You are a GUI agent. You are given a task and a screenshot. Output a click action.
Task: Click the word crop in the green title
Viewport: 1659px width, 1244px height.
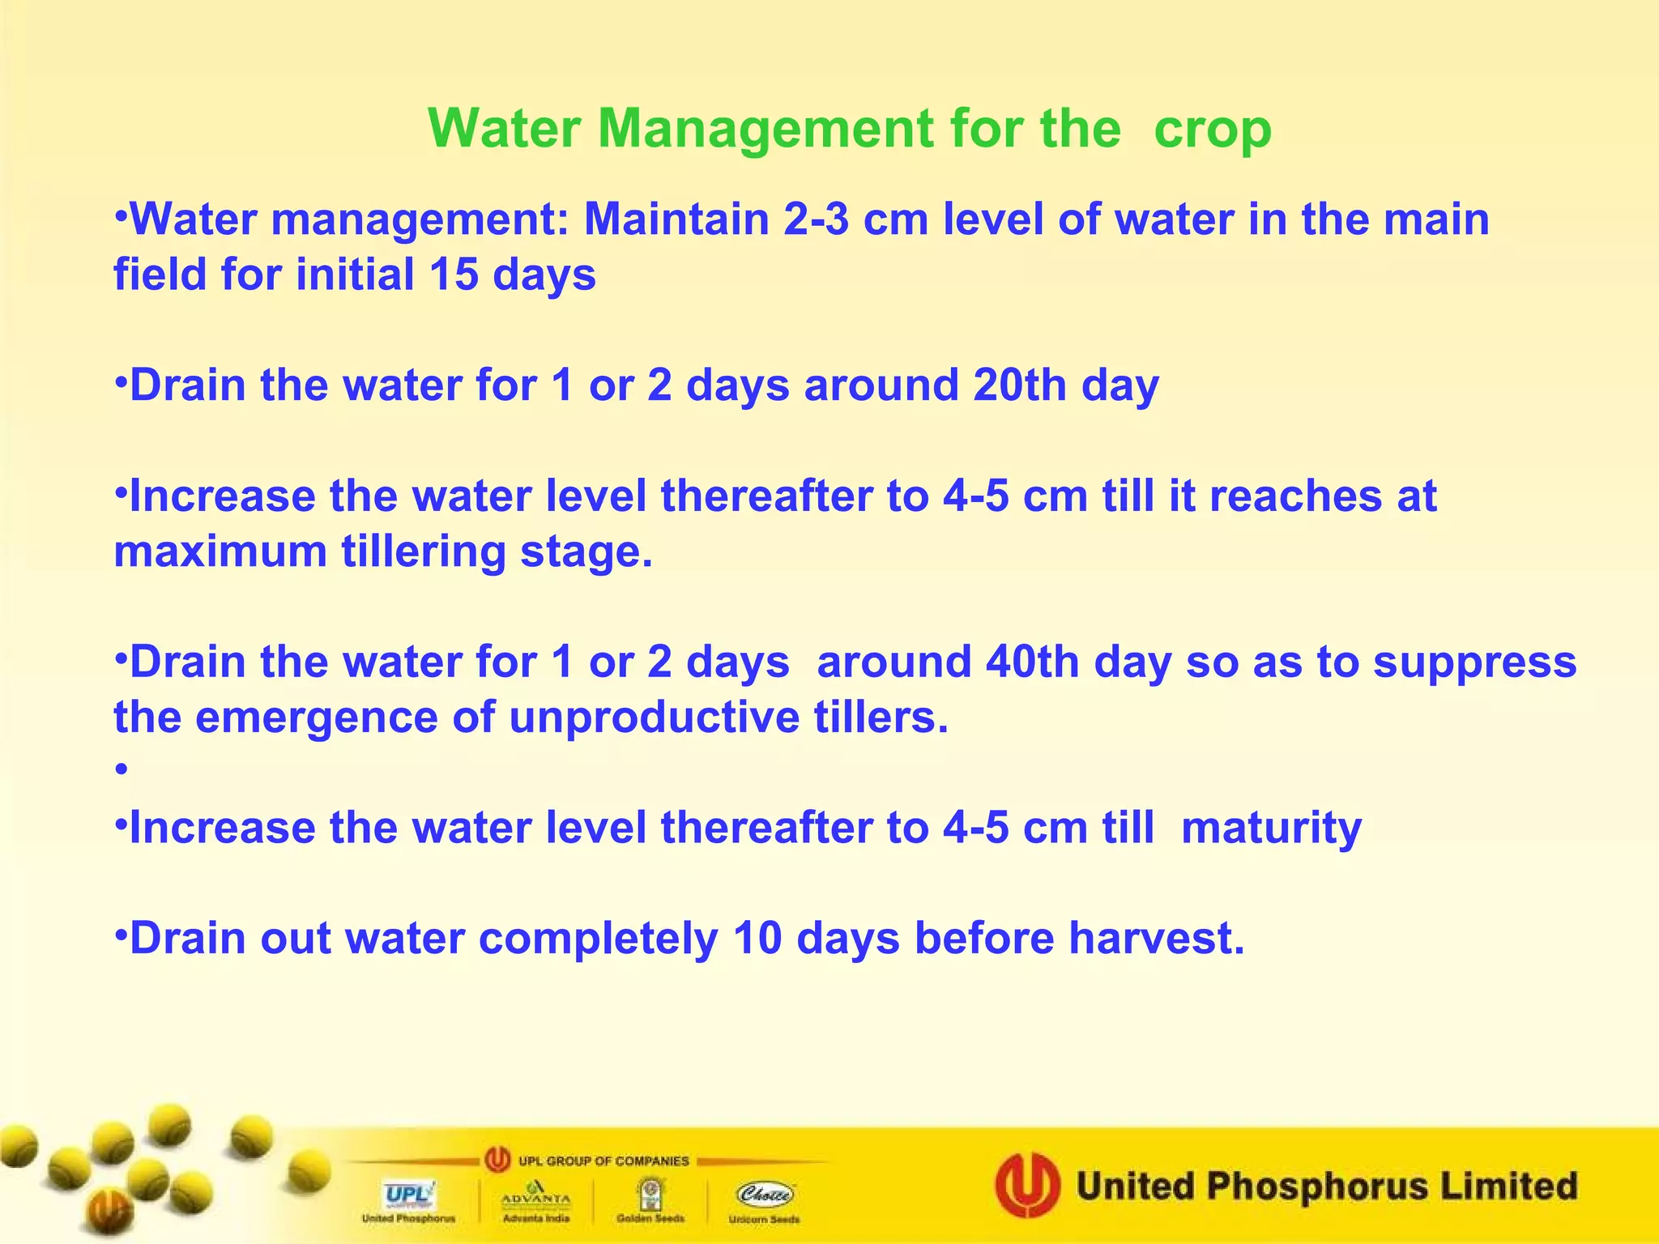[x=1212, y=130]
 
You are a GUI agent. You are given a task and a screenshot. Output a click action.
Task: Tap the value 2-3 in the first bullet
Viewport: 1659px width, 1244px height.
[x=816, y=219]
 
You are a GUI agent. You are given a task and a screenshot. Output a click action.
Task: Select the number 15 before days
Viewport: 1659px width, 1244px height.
[x=454, y=275]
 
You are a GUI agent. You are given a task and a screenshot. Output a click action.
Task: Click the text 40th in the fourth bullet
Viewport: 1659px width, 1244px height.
[x=1032, y=662]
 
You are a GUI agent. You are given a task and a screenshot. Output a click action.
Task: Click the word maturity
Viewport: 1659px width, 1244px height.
[x=1271, y=828]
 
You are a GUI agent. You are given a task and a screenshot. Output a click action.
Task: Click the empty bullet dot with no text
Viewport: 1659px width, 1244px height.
[x=122, y=769]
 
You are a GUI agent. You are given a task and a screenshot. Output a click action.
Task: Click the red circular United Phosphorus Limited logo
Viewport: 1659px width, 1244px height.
[x=1027, y=1186]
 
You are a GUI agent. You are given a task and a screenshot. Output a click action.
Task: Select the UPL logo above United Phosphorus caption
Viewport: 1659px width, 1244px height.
[x=408, y=1194]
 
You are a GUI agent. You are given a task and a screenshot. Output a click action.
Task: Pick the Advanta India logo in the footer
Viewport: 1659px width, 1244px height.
[x=535, y=1195]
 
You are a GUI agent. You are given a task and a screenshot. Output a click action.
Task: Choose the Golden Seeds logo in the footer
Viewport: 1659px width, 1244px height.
[x=650, y=1194]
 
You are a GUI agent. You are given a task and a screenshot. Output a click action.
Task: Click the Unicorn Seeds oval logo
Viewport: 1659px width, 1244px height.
[x=765, y=1194]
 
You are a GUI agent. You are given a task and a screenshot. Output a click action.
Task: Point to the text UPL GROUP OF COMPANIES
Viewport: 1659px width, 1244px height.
[x=603, y=1161]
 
